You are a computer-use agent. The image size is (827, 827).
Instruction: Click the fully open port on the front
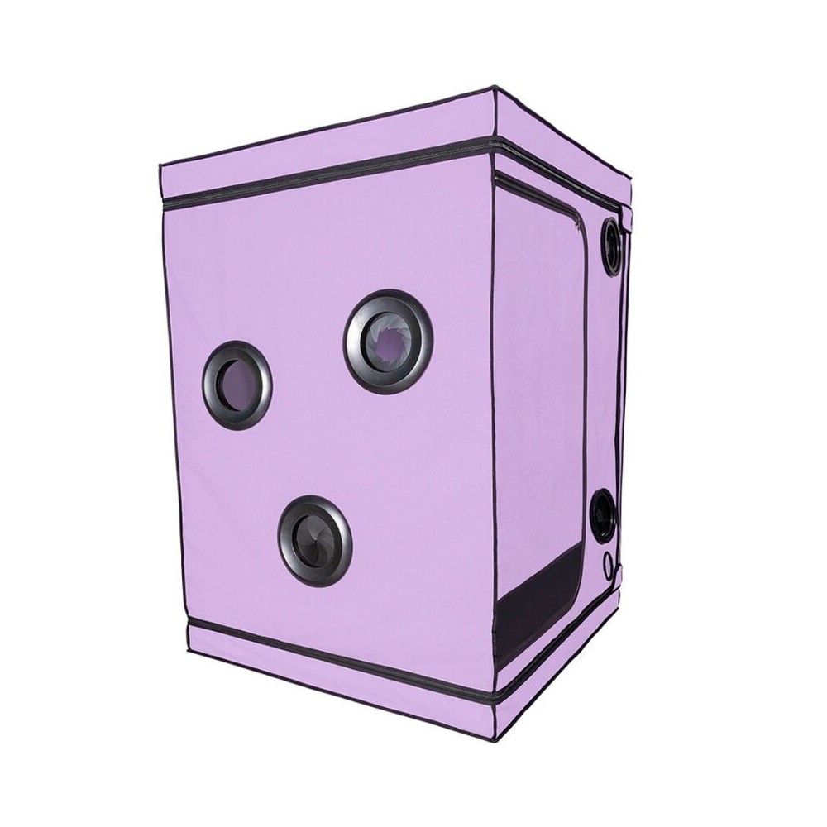click(237, 385)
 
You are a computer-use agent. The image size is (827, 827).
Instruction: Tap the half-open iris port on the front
click(388, 340)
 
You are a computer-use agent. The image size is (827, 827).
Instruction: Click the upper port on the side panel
click(611, 246)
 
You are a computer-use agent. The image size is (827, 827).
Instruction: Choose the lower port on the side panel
click(604, 515)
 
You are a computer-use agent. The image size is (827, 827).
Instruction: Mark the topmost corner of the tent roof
click(495, 86)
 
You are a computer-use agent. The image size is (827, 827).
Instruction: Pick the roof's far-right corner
click(633, 178)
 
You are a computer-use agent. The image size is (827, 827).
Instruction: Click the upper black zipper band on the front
click(331, 177)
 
